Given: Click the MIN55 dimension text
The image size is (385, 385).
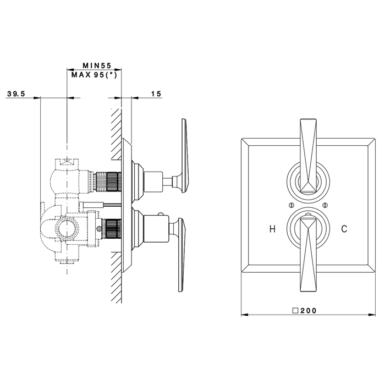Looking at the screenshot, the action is pos(97,65).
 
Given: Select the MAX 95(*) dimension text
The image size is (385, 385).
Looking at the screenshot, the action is pos(94,75).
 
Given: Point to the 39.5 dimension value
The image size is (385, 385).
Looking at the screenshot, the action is pos(16,94).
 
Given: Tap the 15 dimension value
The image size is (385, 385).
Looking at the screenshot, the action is pos(156,94).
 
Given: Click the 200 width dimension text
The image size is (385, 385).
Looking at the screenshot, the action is pos(309,311).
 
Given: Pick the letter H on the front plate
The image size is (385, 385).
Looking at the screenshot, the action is pos(272,229).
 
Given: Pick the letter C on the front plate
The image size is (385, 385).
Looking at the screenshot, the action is pos(344,229).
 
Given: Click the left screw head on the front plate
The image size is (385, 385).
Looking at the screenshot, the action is pos(291,205).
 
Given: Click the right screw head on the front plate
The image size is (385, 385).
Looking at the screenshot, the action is pos(326,205).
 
